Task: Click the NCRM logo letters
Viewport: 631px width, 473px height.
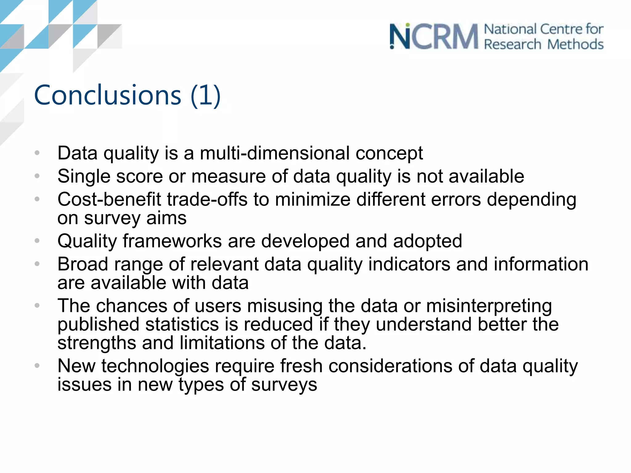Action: click(434, 37)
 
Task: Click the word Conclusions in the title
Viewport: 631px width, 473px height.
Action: click(108, 95)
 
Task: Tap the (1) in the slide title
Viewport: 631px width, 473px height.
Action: click(206, 95)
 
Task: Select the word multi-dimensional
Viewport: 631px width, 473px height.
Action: click(275, 153)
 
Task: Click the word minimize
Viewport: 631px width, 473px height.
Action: click(312, 199)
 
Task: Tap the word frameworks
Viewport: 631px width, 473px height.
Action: click(172, 241)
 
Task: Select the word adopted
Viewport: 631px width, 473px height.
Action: click(427, 241)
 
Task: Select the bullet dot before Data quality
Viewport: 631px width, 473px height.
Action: click(37, 153)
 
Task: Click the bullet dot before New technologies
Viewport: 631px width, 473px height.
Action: click(37, 366)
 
